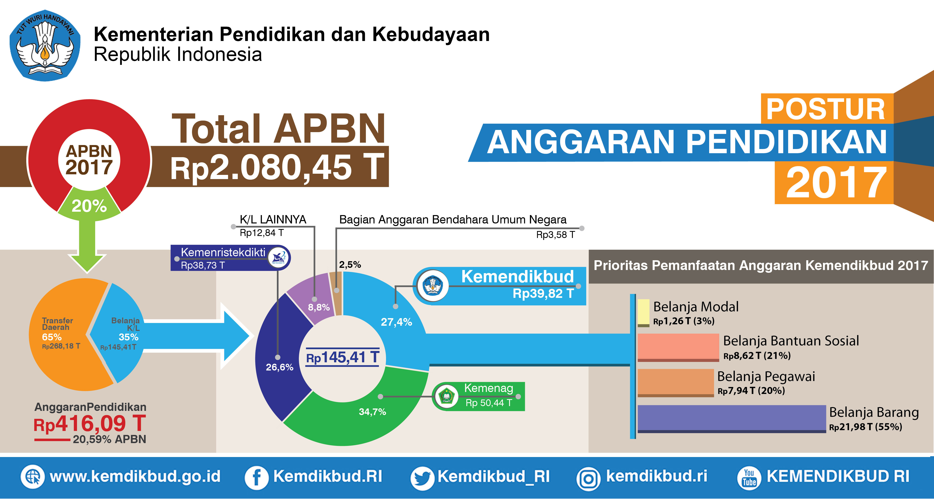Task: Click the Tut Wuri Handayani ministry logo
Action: tap(45, 45)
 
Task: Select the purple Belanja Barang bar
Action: tap(732, 419)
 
